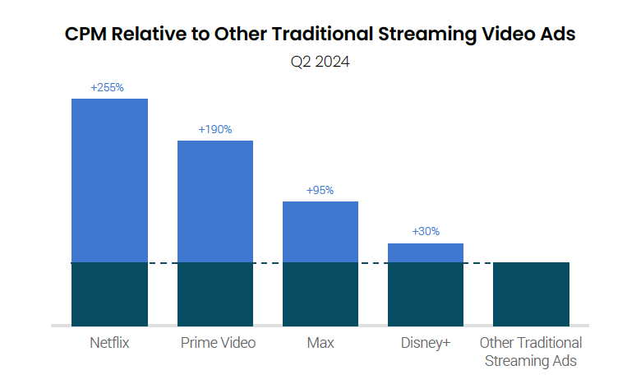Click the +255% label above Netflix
[108, 87]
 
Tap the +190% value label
[215, 129]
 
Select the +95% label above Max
[320, 190]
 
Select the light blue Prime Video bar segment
[215, 201]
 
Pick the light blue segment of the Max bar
[320, 232]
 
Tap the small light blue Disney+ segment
[426, 253]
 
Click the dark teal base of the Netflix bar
[109, 294]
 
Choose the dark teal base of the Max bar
[320, 294]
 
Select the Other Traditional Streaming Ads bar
[531, 294]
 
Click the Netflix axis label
[109, 343]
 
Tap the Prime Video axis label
[218, 343]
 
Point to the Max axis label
[320, 343]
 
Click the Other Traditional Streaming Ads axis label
[531, 351]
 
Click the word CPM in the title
[86, 35]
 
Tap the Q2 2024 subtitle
[313, 62]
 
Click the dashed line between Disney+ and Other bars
[478, 263]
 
